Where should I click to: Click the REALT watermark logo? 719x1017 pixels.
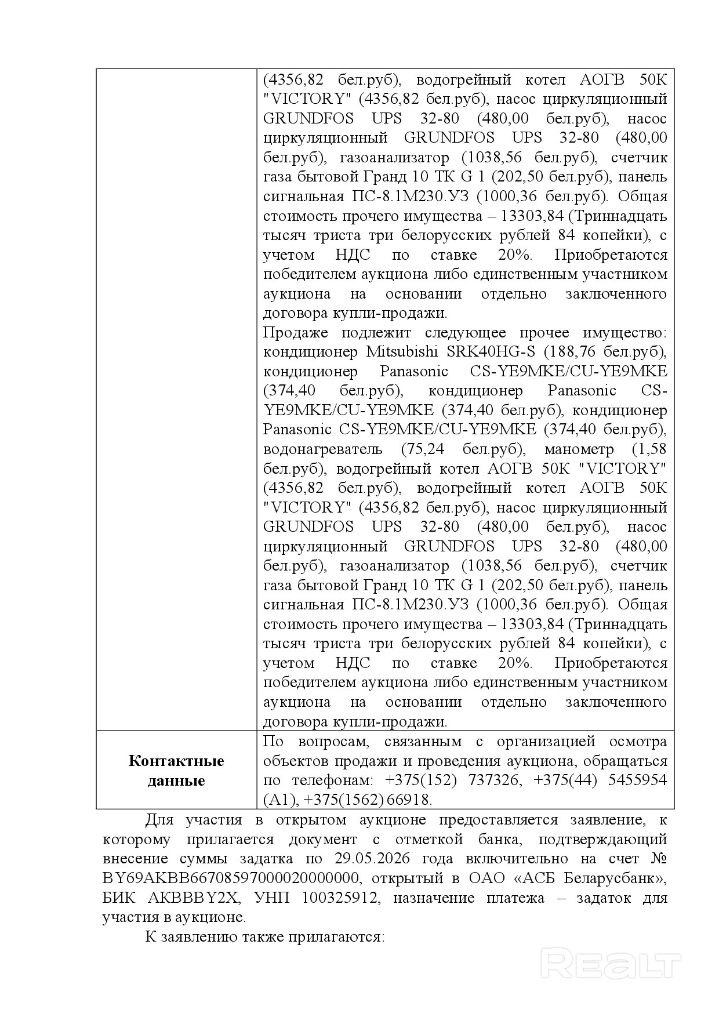(611, 964)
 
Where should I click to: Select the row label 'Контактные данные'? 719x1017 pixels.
(176, 771)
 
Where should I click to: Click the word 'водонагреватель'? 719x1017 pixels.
(322, 449)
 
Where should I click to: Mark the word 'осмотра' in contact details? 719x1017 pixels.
(638, 742)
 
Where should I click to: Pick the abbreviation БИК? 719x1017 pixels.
(120, 898)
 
